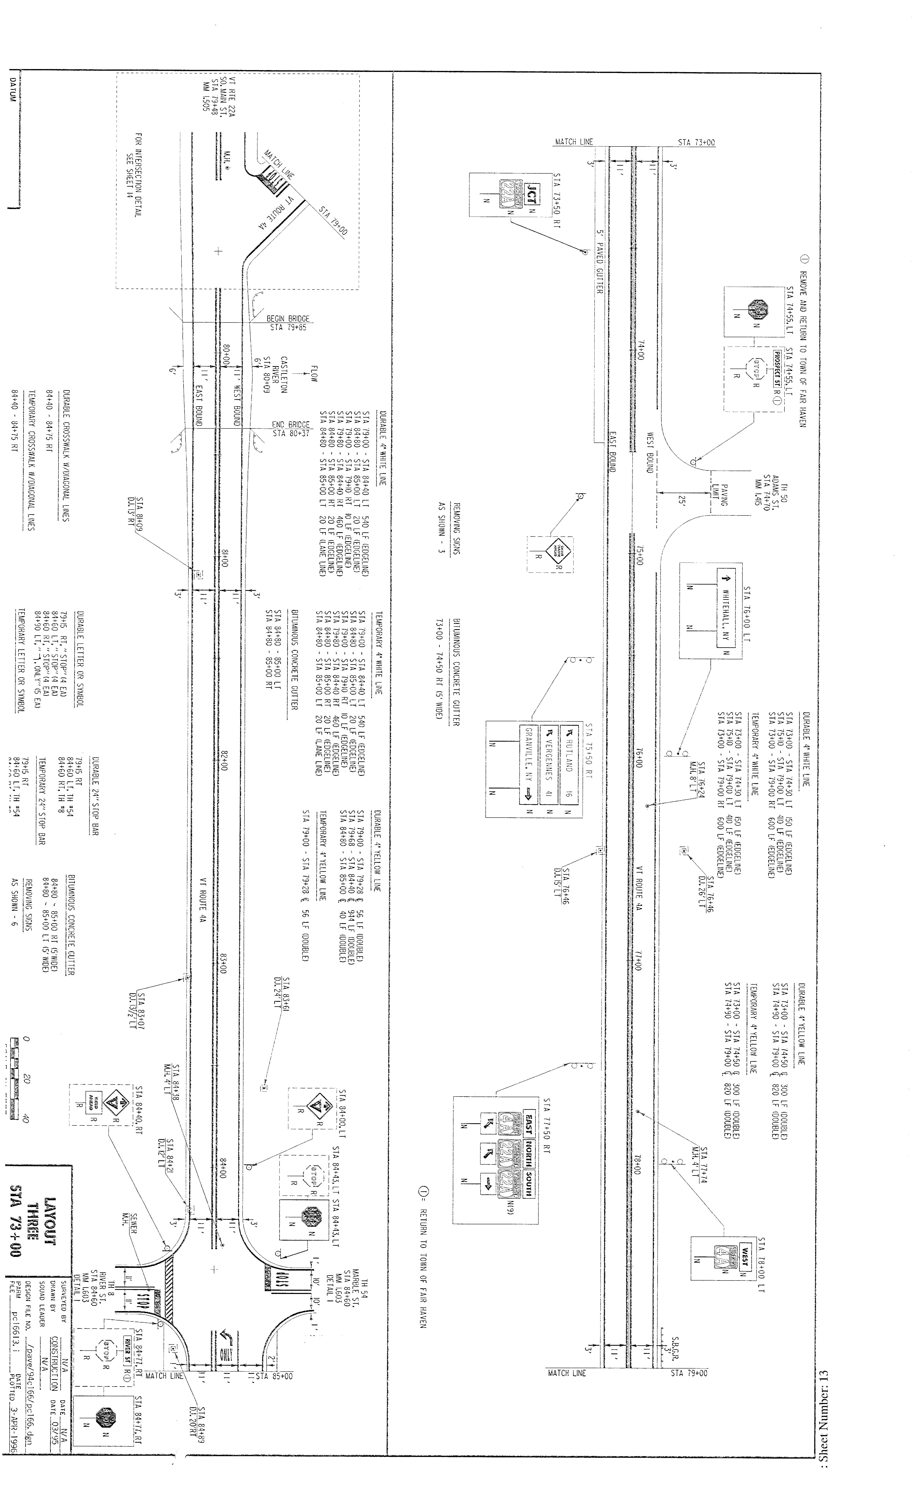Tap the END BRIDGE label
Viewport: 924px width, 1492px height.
tap(291, 424)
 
